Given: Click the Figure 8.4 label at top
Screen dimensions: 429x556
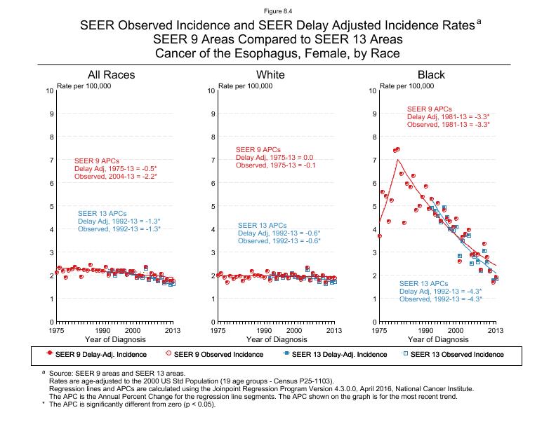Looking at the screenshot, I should pyautogui.click(x=277, y=11).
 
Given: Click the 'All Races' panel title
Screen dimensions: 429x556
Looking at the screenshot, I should pyautogui.click(x=111, y=75).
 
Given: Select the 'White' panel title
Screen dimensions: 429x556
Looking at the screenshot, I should pyautogui.click(x=271, y=75).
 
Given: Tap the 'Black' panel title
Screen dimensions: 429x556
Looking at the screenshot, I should pyautogui.click(x=431, y=75).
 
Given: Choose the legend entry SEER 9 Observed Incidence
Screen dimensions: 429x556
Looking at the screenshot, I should pyautogui.click(x=218, y=354).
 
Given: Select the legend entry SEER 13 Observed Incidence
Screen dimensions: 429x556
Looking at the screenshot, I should pyautogui.click(x=457, y=354).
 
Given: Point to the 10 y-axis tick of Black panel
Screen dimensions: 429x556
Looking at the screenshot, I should pyautogui.click(x=372, y=91).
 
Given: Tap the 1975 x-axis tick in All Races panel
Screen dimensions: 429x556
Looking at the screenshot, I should pyautogui.click(x=57, y=329).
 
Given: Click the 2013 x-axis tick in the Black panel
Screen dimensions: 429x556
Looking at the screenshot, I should pyautogui.click(x=496, y=329).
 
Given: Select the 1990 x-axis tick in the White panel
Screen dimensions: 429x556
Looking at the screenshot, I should pyautogui.click(x=264, y=329).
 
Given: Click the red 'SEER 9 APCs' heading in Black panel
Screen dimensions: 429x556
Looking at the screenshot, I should pyautogui.click(x=430, y=109).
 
